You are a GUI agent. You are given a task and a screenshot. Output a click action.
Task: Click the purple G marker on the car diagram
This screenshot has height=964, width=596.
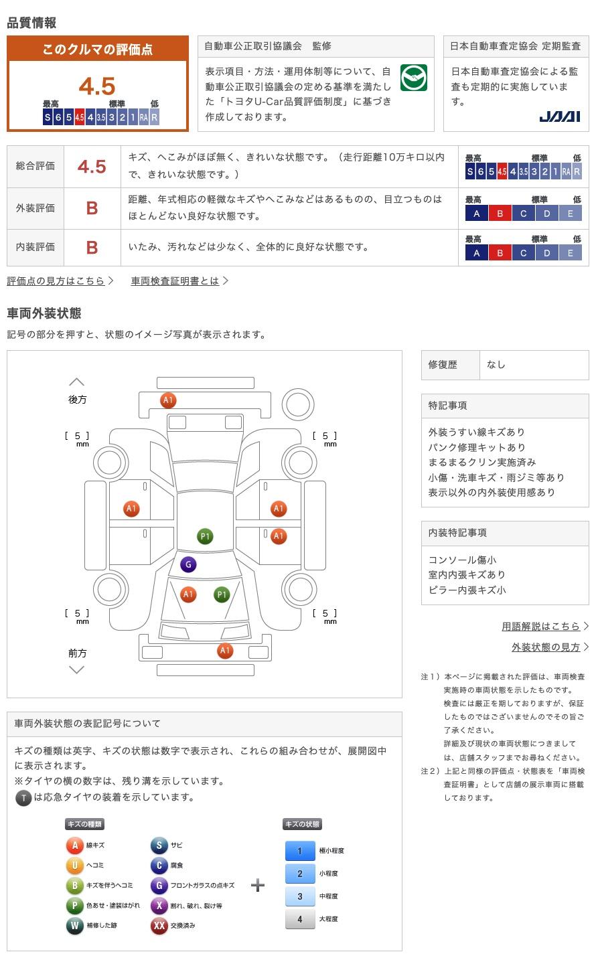(x=188, y=564)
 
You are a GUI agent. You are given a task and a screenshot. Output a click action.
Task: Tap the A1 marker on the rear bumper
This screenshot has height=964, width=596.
(x=168, y=400)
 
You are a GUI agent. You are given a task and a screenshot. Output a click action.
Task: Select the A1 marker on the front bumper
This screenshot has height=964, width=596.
(x=225, y=650)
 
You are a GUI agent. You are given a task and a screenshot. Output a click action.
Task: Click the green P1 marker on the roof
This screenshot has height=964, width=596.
(x=205, y=536)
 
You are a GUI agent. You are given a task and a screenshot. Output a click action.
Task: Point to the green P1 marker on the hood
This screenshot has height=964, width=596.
(x=222, y=594)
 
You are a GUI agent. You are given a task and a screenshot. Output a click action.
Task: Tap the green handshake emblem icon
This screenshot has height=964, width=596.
(x=414, y=78)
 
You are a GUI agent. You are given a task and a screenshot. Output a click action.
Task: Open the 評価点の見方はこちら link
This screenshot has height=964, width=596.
(x=56, y=281)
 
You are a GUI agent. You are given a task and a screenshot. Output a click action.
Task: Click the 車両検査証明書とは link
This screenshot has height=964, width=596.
(x=175, y=281)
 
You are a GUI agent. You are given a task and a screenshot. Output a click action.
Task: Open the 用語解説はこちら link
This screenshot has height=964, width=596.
(x=541, y=627)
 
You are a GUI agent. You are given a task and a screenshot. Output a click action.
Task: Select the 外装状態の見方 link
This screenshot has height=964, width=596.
(x=546, y=647)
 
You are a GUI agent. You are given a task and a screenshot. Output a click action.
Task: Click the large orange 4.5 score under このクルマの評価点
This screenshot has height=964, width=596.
(x=97, y=86)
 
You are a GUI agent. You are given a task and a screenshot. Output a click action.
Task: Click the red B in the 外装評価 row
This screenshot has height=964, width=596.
(x=92, y=208)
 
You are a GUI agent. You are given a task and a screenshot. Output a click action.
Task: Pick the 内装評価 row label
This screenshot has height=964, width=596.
(x=35, y=247)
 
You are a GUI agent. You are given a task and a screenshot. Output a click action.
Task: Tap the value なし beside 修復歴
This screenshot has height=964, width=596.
(x=496, y=365)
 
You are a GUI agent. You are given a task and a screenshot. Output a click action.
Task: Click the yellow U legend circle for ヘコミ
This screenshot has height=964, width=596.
(x=74, y=866)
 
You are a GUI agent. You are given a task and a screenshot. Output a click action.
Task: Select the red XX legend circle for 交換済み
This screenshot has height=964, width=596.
(x=159, y=926)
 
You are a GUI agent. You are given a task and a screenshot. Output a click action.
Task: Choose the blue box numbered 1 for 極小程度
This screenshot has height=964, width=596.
(x=300, y=851)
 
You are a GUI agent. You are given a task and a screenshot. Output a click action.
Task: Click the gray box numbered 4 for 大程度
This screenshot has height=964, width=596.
(x=300, y=919)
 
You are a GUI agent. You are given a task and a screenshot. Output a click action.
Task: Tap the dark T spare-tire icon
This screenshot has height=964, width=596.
(x=23, y=797)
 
